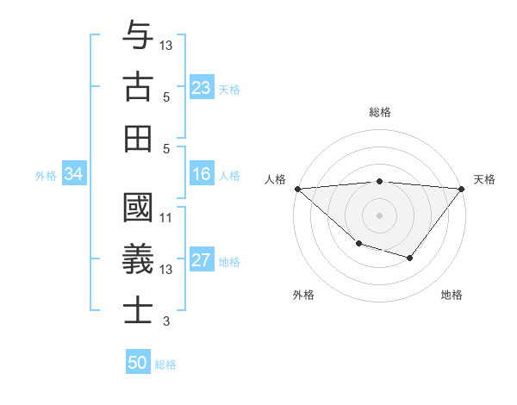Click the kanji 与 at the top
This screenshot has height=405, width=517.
click(x=138, y=37)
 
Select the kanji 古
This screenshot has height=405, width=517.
click(x=138, y=87)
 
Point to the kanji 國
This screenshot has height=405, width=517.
click(x=138, y=209)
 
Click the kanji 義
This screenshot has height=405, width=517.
click(x=138, y=259)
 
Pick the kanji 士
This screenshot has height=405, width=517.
click(x=138, y=310)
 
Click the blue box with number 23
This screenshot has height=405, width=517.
click(x=202, y=88)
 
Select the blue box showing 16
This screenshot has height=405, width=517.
click(x=202, y=175)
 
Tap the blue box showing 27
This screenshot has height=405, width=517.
click(x=202, y=261)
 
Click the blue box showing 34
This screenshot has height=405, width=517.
click(x=73, y=175)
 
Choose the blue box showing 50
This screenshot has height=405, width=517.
click(x=138, y=363)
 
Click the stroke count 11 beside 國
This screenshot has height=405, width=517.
click(x=166, y=218)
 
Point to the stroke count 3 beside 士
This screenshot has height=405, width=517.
click(x=166, y=321)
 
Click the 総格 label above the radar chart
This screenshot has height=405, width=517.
click(x=380, y=112)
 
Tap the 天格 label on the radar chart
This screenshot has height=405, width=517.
click(x=485, y=179)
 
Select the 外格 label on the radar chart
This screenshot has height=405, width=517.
click(x=303, y=295)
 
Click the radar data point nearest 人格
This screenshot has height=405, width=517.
click(x=297, y=188)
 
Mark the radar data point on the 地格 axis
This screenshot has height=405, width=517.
click(x=410, y=258)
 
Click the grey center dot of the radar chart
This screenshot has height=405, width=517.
click(x=379, y=215)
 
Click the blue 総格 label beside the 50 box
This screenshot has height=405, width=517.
click(x=165, y=364)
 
